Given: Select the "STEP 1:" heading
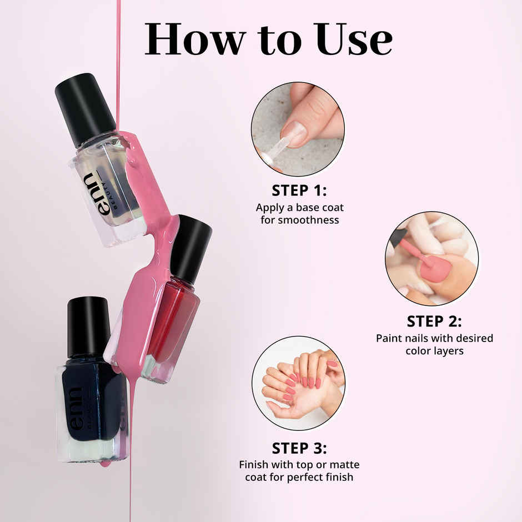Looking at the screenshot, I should point(299,190).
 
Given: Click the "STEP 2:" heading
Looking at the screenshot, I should point(434,321).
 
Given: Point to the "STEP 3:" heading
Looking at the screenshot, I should point(299,448).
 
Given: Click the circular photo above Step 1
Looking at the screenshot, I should point(298,129).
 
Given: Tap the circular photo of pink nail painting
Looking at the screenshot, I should point(431,258).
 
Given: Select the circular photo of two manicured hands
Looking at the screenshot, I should point(298,383).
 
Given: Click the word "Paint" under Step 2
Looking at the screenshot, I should point(389,338).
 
